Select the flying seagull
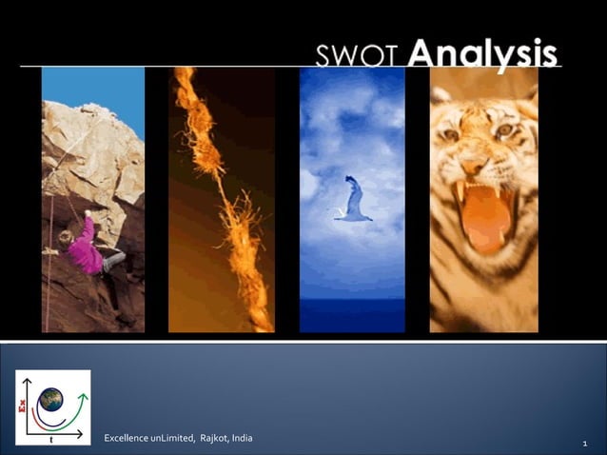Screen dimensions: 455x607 coord(352,202)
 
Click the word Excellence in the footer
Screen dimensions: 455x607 coord(126,438)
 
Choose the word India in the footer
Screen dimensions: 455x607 coord(244,438)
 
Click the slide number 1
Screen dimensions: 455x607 coord(582,444)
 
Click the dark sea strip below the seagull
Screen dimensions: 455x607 coord(352,314)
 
